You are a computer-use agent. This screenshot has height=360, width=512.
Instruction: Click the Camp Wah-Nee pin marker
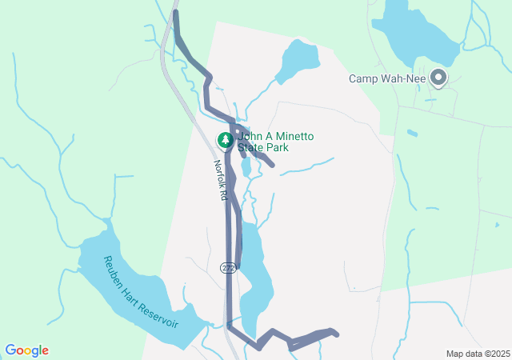[438, 78]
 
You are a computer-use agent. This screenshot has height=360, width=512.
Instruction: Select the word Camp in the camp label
[363, 78]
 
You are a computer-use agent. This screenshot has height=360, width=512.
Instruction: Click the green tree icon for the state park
[226, 140]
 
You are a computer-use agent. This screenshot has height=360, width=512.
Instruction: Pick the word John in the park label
[250, 137]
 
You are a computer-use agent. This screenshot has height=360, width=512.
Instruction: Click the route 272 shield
[228, 266]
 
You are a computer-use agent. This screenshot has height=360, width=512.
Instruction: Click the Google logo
[26, 350]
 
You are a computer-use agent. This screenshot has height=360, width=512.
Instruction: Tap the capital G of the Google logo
[10, 350]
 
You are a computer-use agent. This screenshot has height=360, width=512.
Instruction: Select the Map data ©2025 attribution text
[478, 354]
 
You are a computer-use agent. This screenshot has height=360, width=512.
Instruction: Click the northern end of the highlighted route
[175, 13]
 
